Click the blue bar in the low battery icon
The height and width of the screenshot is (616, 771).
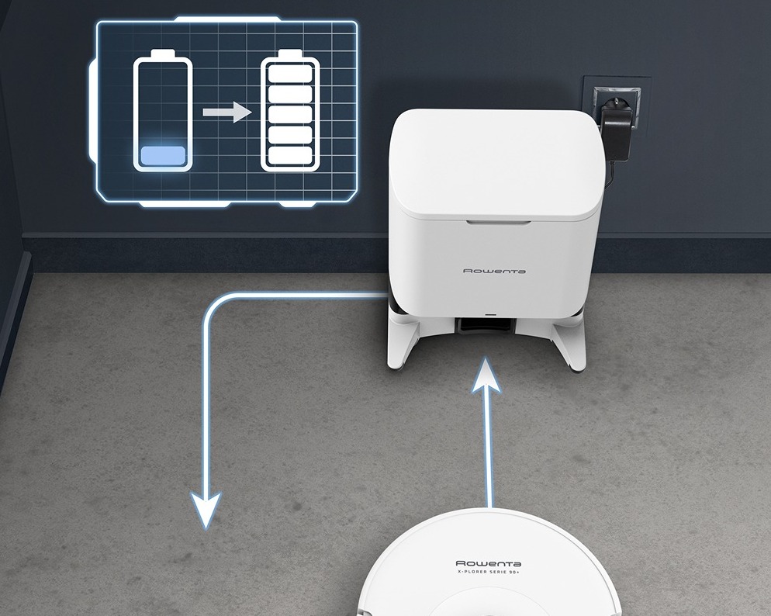(x=163, y=155)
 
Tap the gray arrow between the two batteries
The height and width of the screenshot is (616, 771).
(x=227, y=112)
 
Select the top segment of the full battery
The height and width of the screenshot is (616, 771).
(x=290, y=73)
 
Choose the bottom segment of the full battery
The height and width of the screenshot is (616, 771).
(x=290, y=156)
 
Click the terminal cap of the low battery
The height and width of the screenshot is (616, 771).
(x=163, y=53)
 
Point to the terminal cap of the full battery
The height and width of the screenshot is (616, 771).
(x=290, y=53)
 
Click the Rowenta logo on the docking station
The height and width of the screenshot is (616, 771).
(x=494, y=271)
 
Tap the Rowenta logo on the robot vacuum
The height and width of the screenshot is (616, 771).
(x=488, y=563)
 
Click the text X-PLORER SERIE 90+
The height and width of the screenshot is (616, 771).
(x=488, y=571)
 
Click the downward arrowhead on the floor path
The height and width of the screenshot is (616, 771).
(x=206, y=509)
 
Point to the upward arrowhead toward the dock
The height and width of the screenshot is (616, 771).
(x=486, y=375)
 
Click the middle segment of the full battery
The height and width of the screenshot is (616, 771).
(x=290, y=115)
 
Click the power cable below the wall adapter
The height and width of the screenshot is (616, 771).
(x=611, y=175)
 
